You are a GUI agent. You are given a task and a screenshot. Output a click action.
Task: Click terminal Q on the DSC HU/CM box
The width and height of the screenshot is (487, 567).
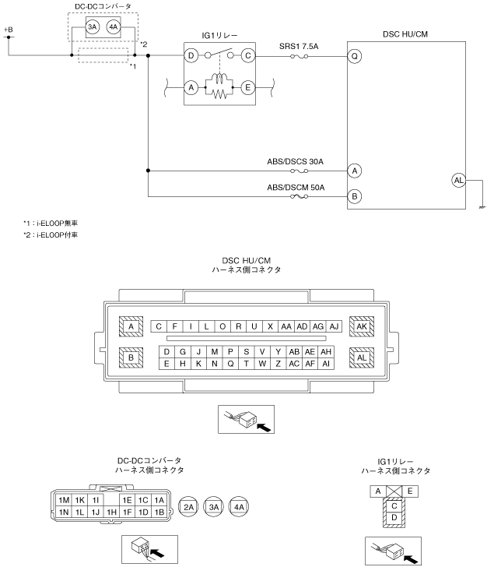coord(355,56)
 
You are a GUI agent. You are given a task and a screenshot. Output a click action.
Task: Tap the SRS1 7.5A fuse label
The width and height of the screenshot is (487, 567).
coord(299,47)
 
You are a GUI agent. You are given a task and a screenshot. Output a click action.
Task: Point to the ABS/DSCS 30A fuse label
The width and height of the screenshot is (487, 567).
coord(295,161)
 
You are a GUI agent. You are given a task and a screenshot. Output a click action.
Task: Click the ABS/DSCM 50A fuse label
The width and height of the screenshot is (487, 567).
coord(295,187)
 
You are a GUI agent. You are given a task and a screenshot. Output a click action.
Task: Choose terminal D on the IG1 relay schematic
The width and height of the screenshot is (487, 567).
coord(191,56)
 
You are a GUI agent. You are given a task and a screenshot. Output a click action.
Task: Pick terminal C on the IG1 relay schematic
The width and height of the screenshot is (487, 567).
coord(247,56)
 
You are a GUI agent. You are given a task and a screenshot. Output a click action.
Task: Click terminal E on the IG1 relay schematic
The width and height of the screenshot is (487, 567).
coord(247,88)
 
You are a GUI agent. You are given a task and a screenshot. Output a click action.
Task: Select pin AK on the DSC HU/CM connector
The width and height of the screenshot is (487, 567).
coord(362,326)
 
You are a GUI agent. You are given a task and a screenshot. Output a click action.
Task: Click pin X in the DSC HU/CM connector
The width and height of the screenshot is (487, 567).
coord(269,326)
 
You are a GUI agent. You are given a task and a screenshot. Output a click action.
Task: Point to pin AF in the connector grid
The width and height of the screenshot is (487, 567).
coord(310,363)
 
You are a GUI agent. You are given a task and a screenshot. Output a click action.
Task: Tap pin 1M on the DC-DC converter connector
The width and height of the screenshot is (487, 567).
coord(65,499)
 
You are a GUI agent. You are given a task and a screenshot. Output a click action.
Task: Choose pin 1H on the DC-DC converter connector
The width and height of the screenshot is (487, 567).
coord(112,512)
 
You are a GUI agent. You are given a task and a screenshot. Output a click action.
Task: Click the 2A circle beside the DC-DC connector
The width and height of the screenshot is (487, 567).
coord(189,506)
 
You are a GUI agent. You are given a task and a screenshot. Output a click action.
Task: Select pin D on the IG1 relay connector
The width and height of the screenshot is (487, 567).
coord(395,516)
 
